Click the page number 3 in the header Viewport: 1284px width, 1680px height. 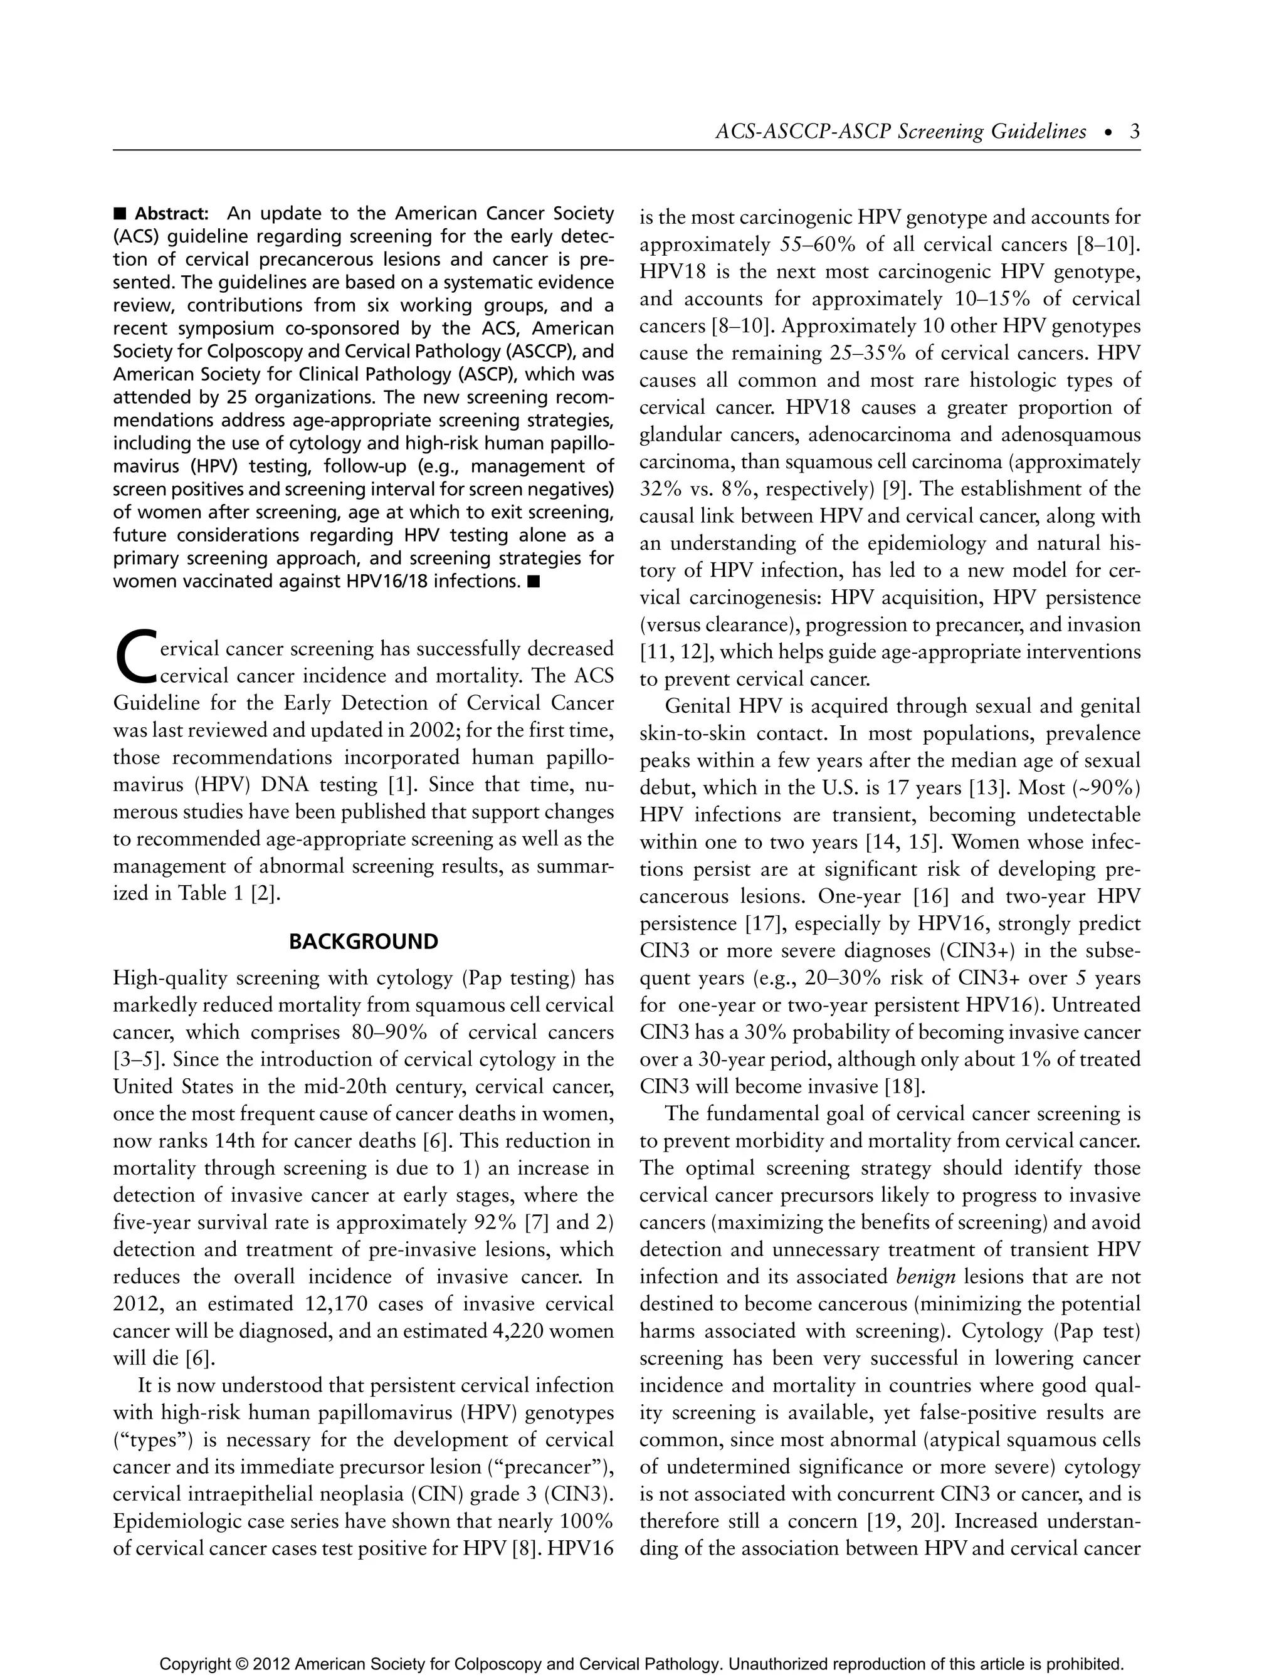click(x=1134, y=132)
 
